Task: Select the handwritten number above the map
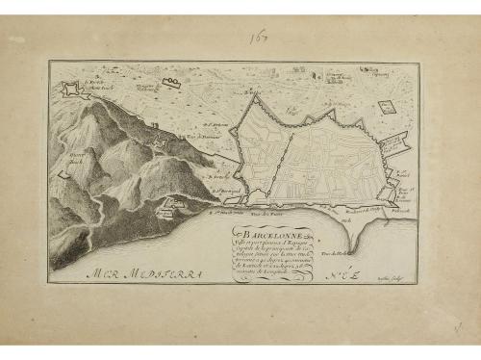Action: (259, 39)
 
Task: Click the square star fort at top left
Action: (70, 89)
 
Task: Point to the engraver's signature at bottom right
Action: (394, 274)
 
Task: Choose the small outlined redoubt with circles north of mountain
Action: (170, 84)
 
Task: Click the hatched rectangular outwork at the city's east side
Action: (395, 146)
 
